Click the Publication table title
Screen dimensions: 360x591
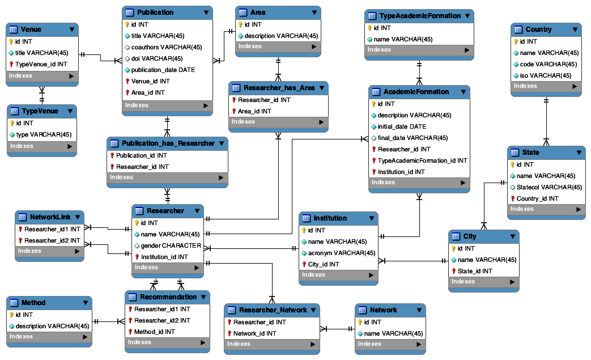[155, 12]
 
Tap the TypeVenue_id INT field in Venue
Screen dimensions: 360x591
[41, 64]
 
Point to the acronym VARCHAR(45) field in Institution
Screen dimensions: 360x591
[341, 253]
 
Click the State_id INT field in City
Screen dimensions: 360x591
[475, 271]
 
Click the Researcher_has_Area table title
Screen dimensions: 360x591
[279, 88]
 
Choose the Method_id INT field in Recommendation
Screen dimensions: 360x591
[154, 332]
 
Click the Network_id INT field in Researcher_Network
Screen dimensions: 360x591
[254, 333]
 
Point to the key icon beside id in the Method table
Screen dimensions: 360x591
[11, 315]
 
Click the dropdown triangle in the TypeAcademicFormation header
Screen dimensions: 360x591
[467, 16]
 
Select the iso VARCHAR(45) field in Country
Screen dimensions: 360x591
[542, 75]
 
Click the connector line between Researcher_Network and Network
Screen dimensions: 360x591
[339, 328]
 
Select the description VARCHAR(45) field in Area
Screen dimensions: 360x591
[281, 36]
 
